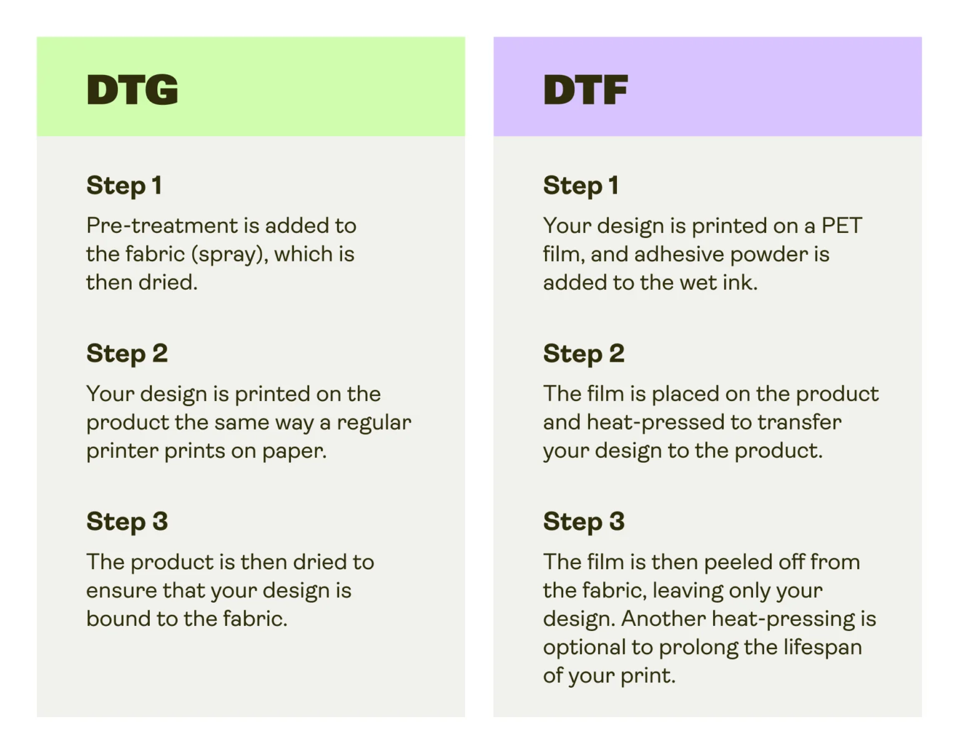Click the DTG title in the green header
(132, 89)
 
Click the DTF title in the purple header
(585, 89)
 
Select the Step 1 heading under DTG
(124, 186)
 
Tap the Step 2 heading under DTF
(584, 354)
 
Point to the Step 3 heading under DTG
(127, 522)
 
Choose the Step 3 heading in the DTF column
(584, 522)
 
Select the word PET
(842, 226)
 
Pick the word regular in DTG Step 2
(374, 423)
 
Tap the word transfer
(799, 422)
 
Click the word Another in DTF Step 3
(663, 619)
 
